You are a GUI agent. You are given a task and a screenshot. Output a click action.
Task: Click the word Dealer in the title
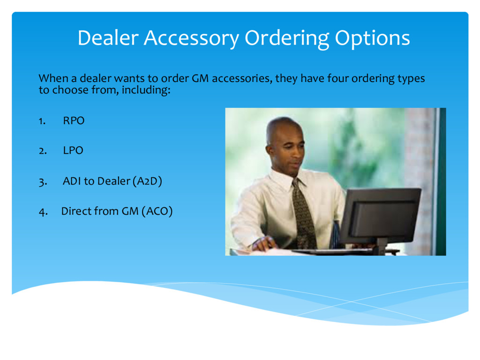(x=108, y=38)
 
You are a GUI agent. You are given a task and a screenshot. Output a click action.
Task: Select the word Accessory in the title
(x=191, y=38)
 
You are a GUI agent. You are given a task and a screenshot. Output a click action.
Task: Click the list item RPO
(x=74, y=120)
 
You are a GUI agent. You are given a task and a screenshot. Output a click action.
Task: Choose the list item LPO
(x=73, y=150)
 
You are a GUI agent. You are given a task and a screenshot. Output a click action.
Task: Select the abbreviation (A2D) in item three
(x=147, y=181)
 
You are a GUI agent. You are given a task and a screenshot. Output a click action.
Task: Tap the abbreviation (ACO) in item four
(x=157, y=211)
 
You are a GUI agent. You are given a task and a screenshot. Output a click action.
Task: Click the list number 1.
(x=42, y=121)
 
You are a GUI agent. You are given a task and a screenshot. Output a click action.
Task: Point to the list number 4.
(x=43, y=212)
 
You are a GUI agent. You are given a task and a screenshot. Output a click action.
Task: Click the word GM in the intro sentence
(x=200, y=78)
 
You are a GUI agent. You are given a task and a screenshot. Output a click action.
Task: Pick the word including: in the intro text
(x=146, y=90)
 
